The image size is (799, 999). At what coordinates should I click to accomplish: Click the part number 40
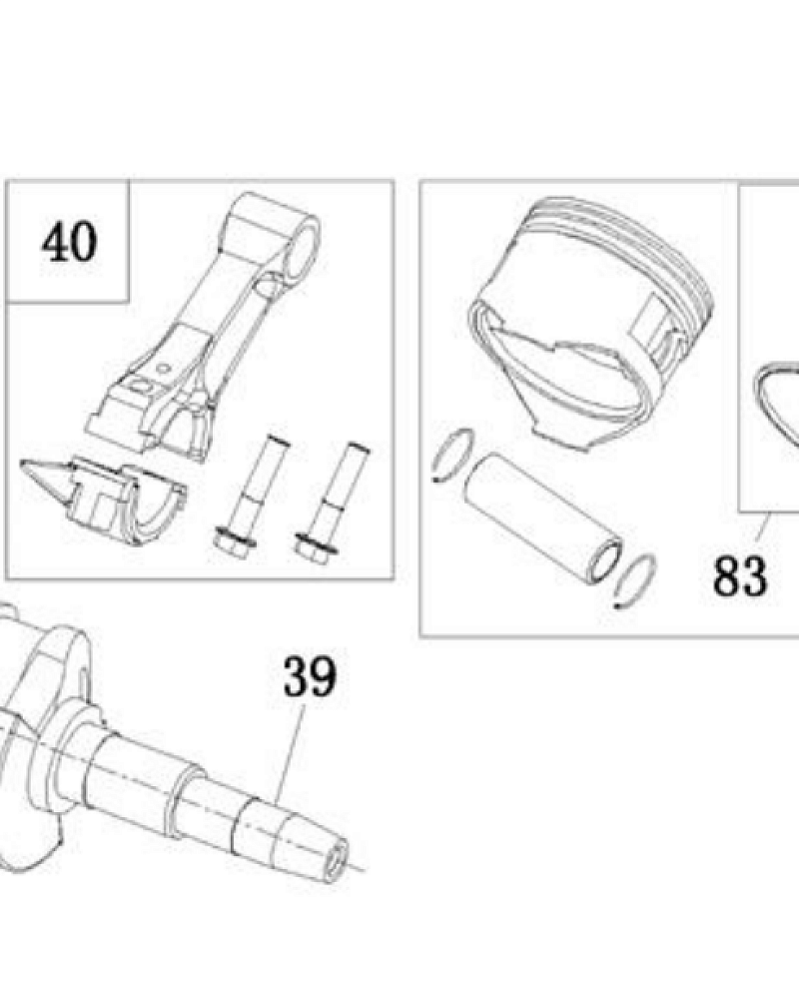tap(70, 242)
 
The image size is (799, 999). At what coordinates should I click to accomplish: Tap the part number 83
tap(740, 576)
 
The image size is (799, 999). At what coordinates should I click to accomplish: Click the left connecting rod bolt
tap(250, 496)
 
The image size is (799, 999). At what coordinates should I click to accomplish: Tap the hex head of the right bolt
tap(316, 547)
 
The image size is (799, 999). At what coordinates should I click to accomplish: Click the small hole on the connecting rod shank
tap(164, 368)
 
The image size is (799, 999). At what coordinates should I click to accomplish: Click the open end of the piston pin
tap(604, 559)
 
